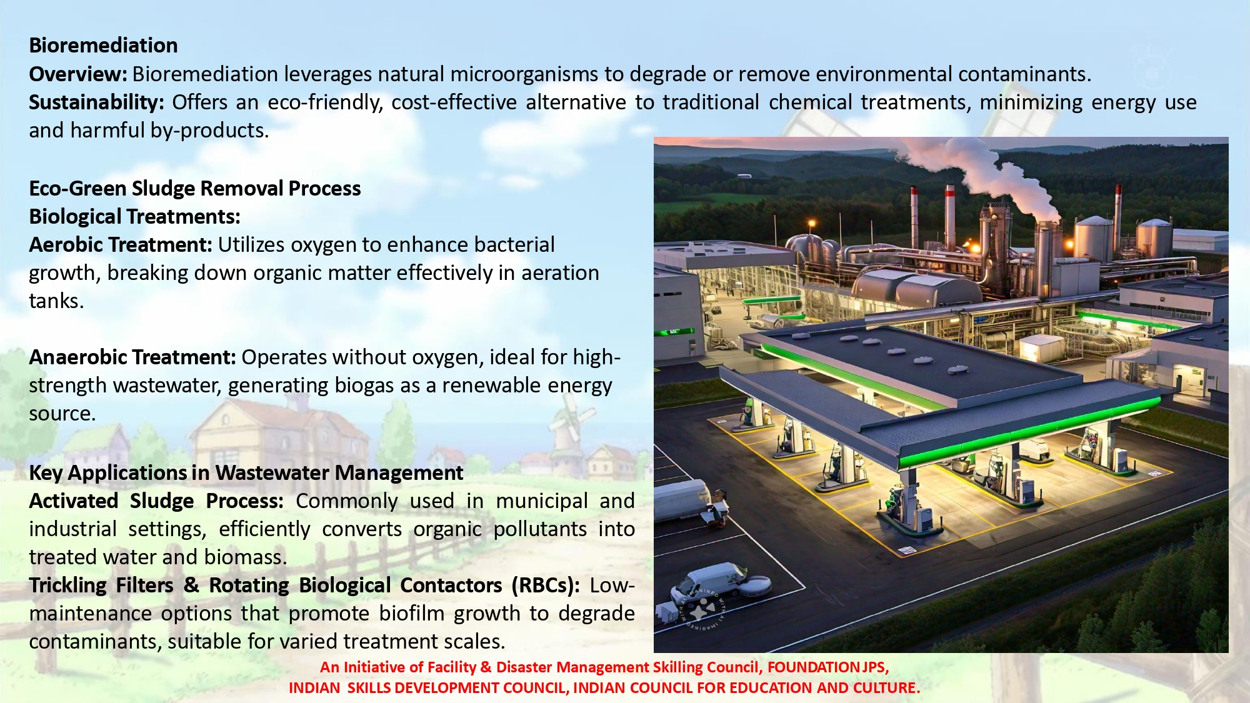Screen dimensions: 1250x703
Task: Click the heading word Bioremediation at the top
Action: [x=103, y=46]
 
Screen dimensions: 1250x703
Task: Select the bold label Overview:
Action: [x=78, y=74]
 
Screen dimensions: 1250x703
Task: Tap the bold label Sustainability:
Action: [x=96, y=102]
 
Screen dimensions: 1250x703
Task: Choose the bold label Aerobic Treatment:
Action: [x=121, y=245]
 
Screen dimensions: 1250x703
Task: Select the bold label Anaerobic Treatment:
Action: [x=132, y=357]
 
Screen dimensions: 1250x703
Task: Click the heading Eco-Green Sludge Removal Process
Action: [x=195, y=189]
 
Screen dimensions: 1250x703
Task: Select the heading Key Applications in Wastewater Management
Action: [x=246, y=473]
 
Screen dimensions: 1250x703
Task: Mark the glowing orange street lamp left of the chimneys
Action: [x=812, y=224]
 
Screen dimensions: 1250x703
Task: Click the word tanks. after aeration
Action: [x=56, y=301]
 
